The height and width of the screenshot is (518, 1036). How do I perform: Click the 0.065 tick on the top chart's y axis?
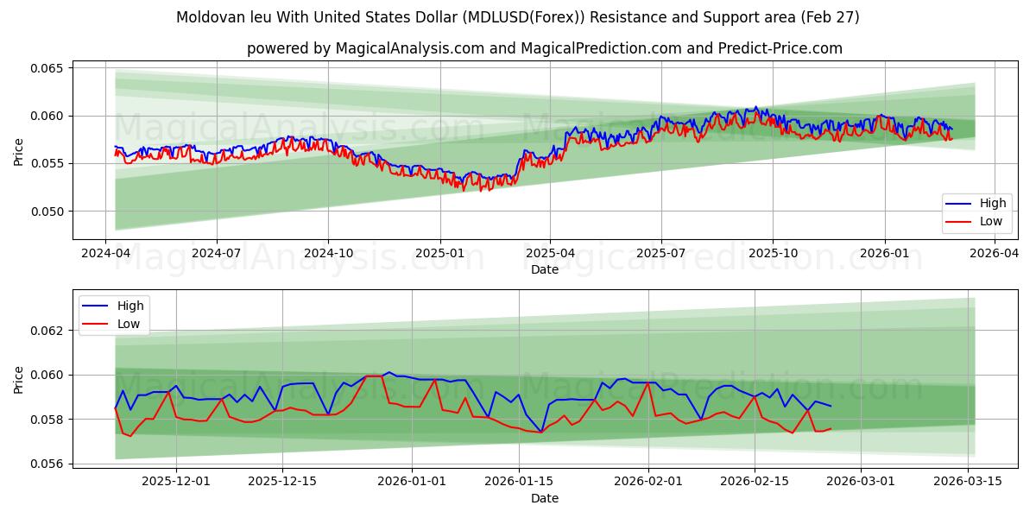(x=48, y=68)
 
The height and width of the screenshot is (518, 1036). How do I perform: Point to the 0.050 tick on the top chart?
(x=48, y=212)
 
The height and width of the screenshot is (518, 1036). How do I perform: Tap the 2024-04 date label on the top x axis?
(x=105, y=253)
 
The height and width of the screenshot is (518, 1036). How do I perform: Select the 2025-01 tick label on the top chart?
(x=440, y=253)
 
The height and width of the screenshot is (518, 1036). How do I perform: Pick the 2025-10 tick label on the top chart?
(x=773, y=253)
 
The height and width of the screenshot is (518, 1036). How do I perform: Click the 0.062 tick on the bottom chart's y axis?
(x=48, y=331)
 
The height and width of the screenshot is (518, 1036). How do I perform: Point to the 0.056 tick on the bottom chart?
(x=48, y=464)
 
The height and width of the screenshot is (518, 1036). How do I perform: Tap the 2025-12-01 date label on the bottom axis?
(x=176, y=482)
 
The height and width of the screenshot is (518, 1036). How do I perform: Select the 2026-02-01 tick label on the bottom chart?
(x=648, y=482)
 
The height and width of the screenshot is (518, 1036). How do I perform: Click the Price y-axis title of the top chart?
(x=19, y=151)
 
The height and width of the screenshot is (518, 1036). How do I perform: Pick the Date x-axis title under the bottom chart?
(x=544, y=498)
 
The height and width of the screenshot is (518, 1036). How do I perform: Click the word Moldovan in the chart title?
(x=205, y=17)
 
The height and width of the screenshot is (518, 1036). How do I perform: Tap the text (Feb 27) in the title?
(x=829, y=17)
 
